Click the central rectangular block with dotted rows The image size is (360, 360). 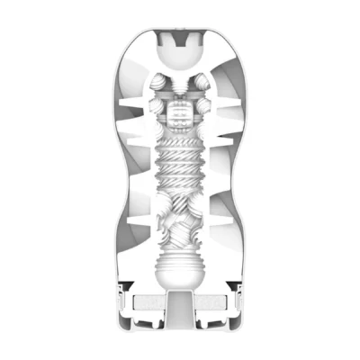pyautogui.click(x=179, y=114)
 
